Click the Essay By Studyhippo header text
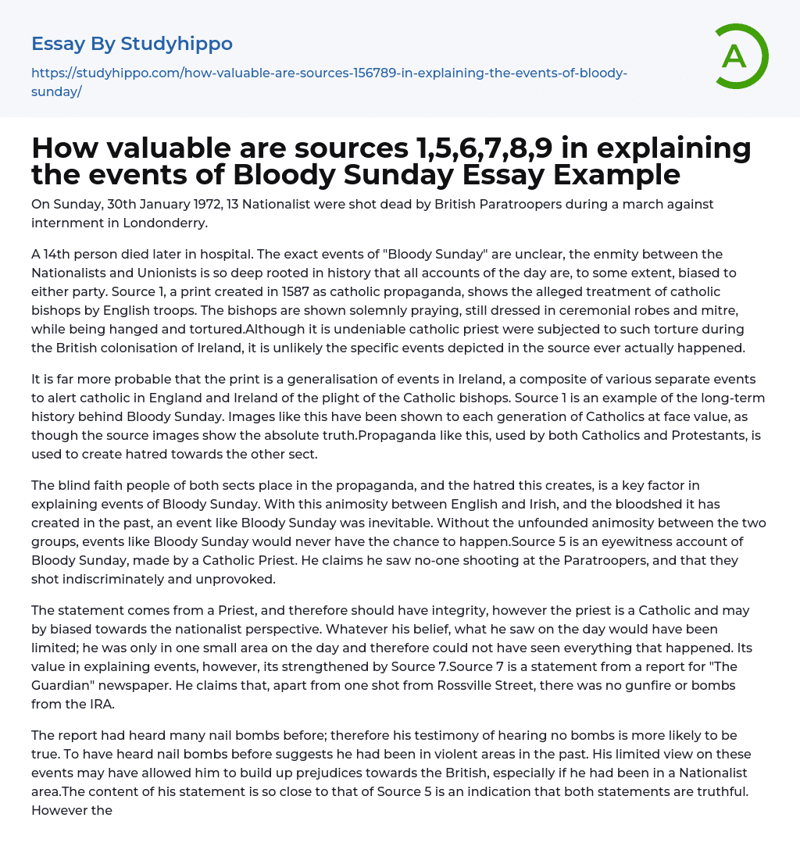point(132,44)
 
